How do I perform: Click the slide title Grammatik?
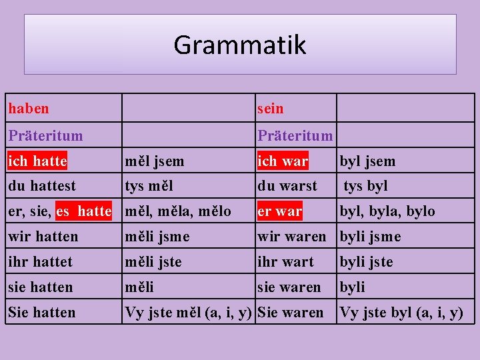point(240,45)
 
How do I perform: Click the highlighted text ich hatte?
point(37,161)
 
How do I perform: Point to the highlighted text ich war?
point(283,161)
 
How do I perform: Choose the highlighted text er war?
point(280,211)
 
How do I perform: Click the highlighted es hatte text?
point(84,211)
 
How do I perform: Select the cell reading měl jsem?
point(155,161)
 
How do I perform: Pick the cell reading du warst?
point(287,186)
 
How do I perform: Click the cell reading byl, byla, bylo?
point(387,211)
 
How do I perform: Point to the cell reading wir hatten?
point(43,237)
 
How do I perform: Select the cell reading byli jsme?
point(371,237)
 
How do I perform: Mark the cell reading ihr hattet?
point(40,262)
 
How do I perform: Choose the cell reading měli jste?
point(153,262)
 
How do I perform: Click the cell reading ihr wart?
point(285,262)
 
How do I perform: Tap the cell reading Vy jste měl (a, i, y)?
point(188,313)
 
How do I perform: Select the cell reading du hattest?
point(42,186)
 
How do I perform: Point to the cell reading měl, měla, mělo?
point(178,211)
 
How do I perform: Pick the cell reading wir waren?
point(292,237)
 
